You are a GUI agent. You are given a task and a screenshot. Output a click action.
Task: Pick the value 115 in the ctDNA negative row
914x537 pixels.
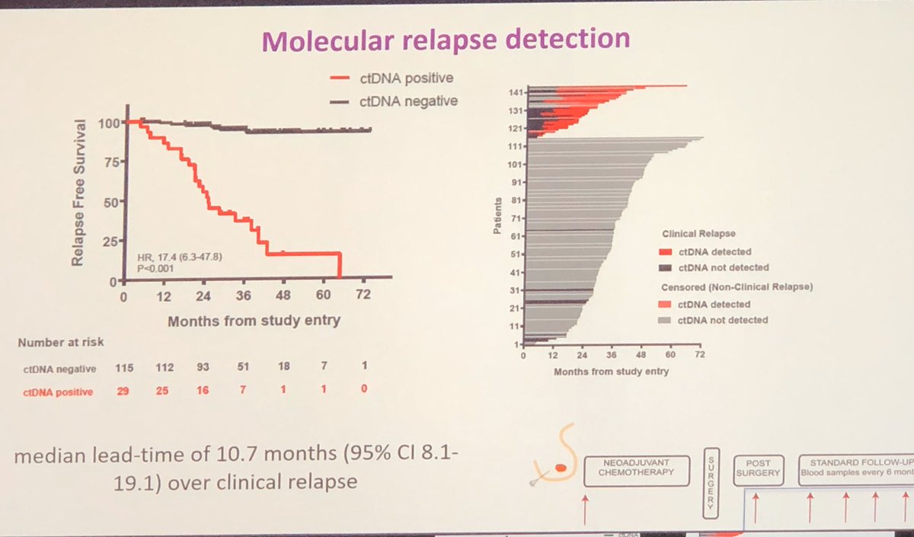tap(124, 369)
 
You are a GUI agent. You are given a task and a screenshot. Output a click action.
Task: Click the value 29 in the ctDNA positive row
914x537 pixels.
tap(123, 391)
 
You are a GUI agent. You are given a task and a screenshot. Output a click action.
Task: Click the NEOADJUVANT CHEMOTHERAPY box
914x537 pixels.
tap(635, 470)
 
